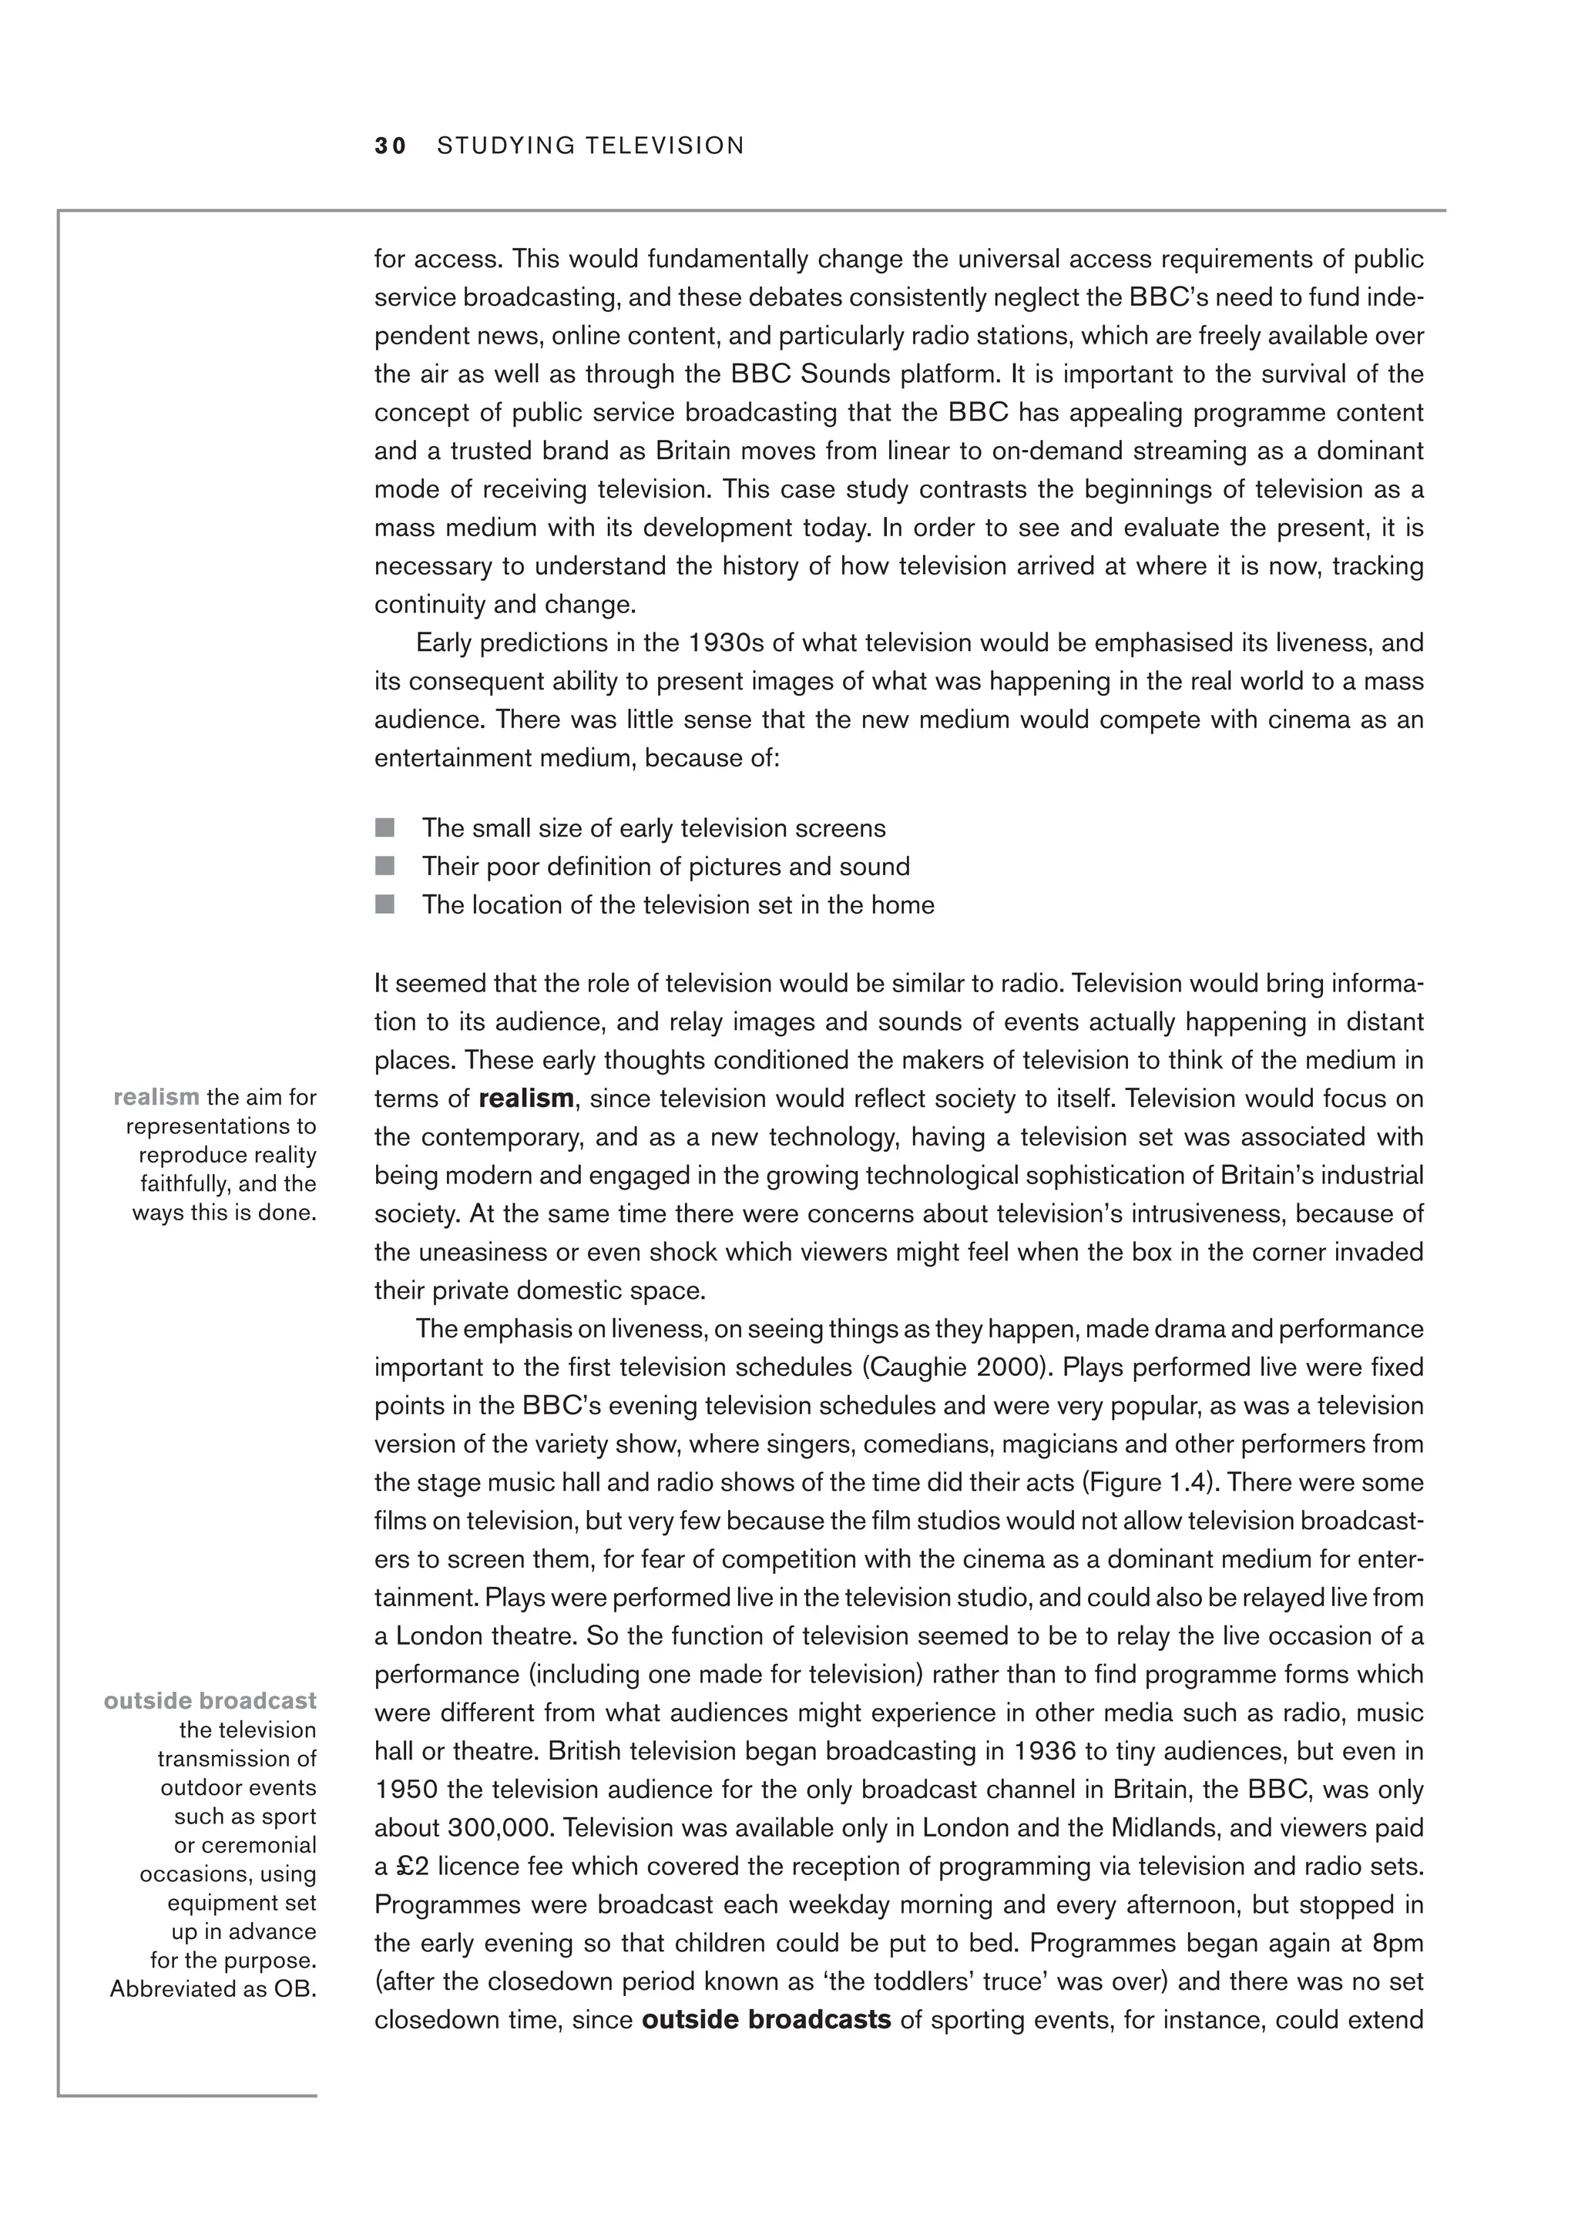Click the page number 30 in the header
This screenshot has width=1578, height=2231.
(x=391, y=146)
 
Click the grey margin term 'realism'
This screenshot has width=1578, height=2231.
(x=156, y=1097)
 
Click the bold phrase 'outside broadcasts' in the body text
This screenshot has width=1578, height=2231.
(x=767, y=2020)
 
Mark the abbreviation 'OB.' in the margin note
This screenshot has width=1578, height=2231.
(x=295, y=1989)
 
